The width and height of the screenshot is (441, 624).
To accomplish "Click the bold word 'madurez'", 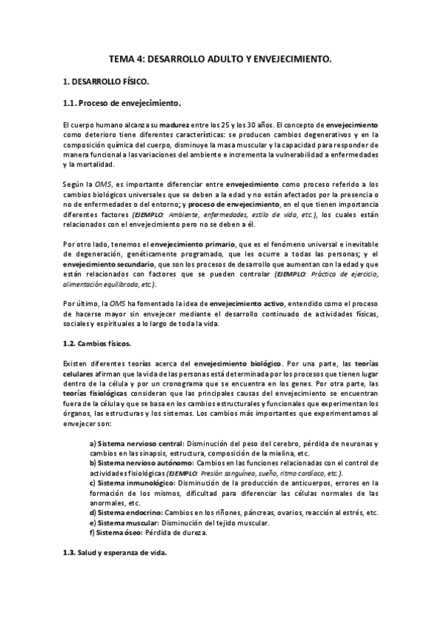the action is click(180, 125).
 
